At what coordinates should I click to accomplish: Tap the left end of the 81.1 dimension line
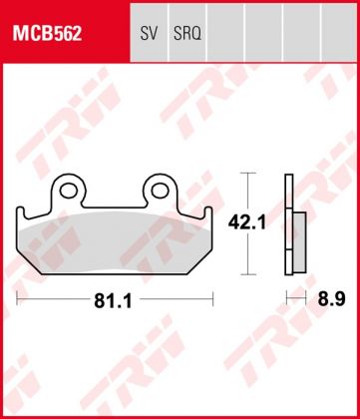[18, 297]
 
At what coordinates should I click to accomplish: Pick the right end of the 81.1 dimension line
[213, 297]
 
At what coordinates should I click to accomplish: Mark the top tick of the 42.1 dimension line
[248, 175]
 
